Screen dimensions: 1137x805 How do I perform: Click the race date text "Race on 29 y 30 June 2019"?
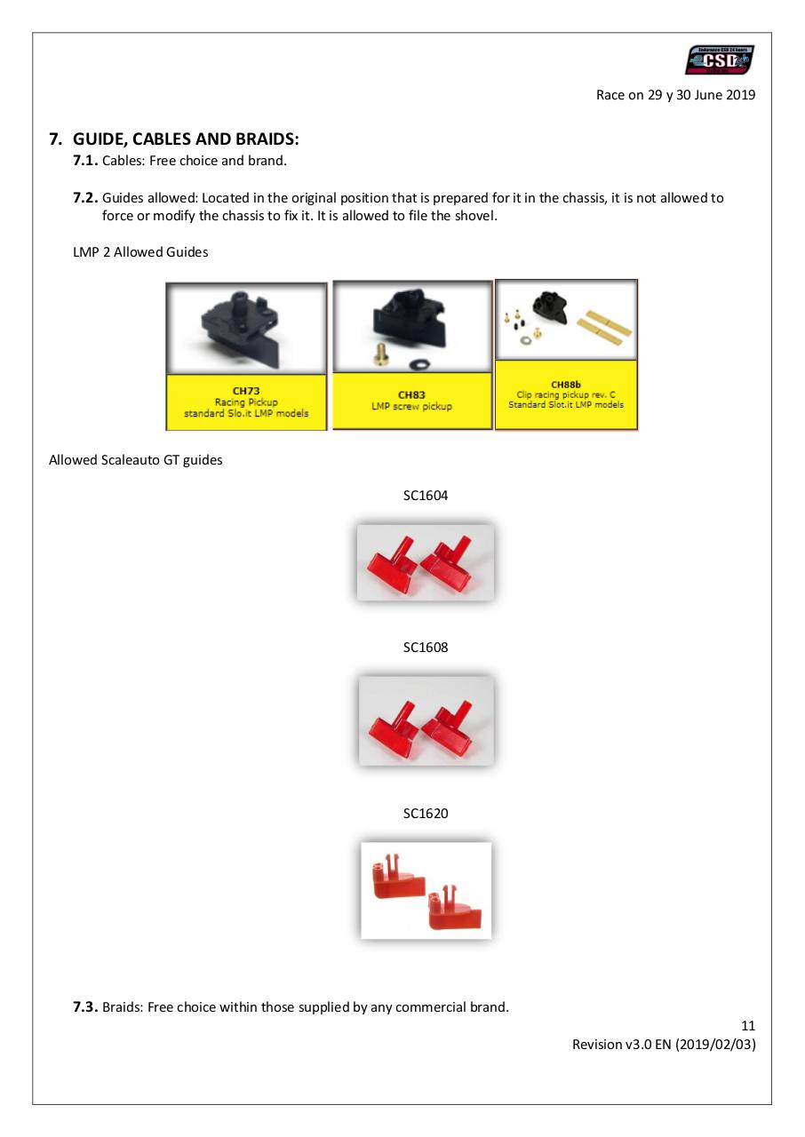(x=675, y=95)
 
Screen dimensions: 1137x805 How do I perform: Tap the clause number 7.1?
(x=85, y=161)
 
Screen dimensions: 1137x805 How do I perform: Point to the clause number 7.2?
(x=85, y=198)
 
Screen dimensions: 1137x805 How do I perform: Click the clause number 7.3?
(x=85, y=1006)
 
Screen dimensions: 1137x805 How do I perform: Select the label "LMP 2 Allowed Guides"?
(x=140, y=252)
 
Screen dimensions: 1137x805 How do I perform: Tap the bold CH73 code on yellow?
(x=246, y=390)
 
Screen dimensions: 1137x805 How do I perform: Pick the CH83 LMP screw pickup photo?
(x=412, y=327)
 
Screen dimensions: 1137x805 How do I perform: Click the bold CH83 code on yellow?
(x=411, y=394)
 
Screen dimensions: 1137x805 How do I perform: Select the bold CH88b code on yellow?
(x=566, y=385)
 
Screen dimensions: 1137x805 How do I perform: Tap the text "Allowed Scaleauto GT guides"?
(x=135, y=460)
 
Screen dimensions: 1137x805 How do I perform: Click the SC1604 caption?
(x=426, y=496)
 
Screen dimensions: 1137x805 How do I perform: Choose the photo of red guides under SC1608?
(x=426, y=720)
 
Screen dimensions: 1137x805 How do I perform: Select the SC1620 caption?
(x=426, y=813)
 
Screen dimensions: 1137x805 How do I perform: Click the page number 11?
(x=747, y=1026)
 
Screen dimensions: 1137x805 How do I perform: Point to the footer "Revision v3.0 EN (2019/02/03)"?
(x=664, y=1045)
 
